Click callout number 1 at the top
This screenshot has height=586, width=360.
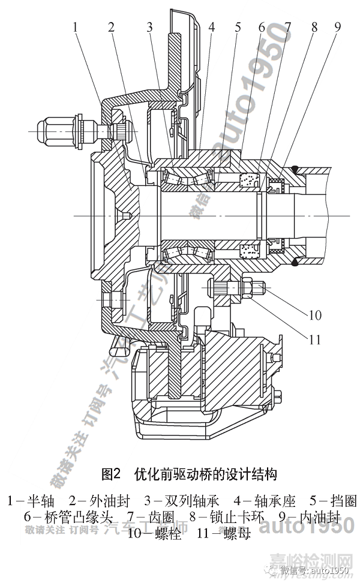tap(76, 26)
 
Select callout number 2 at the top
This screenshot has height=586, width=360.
tap(111, 26)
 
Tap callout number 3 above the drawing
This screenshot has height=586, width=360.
tap(149, 26)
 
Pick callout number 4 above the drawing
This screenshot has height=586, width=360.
tap(212, 26)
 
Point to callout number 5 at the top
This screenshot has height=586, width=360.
tap(238, 26)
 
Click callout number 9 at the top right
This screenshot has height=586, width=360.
tap(337, 26)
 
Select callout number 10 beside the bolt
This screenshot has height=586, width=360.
tap(315, 315)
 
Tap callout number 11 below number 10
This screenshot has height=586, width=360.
tap(315, 339)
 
